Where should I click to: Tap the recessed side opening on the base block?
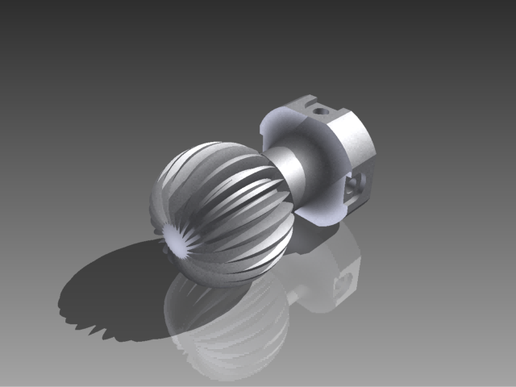[356, 187]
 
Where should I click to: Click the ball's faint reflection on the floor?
[226, 322]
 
